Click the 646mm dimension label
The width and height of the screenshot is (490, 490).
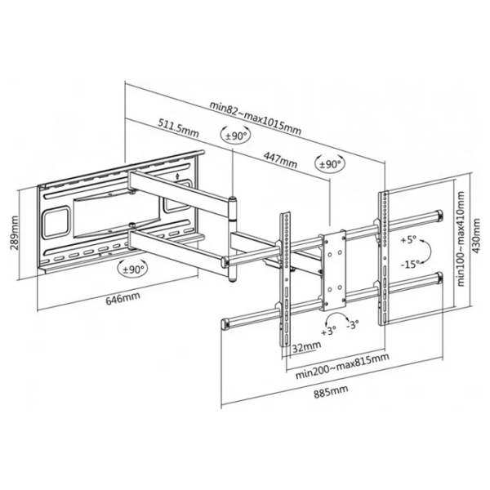(x=122, y=298)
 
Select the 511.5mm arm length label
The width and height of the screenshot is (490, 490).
(x=178, y=128)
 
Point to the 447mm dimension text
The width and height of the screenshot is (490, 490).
(x=280, y=160)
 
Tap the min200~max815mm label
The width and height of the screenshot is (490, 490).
(x=342, y=366)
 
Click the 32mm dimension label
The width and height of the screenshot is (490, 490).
(x=306, y=346)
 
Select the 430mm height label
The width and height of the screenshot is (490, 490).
(x=476, y=236)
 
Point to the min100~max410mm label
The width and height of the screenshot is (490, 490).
(x=461, y=239)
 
